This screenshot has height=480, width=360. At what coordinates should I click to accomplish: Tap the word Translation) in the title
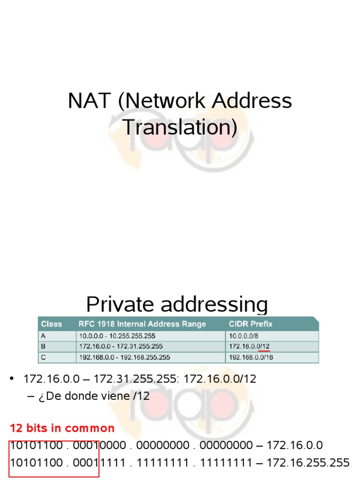pyautogui.click(x=180, y=127)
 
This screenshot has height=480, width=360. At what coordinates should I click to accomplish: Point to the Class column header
pyautogui.click(x=52, y=324)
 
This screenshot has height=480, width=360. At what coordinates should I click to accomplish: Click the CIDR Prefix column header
pyautogui.click(x=250, y=324)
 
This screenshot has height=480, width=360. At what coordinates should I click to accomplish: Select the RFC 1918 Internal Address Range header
pyautogui.click(x=143, y=324)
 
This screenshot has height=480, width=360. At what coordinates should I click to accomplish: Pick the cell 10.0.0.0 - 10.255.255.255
pyautogui.click(x=118, y=336)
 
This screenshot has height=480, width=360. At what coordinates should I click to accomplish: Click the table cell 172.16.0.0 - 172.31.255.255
pyautogui.click(x=121, y=346)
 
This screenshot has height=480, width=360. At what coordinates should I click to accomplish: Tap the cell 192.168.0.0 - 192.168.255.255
pyautogui.click(x=125, y=357)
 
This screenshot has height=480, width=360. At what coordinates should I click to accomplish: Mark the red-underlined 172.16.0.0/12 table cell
pyautogui.click(x=249, y=346)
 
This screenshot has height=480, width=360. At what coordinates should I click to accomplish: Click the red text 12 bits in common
pyautogui.click(x=62, y=428)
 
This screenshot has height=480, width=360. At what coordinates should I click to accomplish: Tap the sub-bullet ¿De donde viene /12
pyautogui.click(x=89, y=396)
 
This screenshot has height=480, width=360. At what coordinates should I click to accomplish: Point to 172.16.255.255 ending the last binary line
pyautogui.click(x=308, y=463)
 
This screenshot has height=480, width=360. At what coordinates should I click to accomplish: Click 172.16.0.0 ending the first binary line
pyautogui.click(x=295, y=445)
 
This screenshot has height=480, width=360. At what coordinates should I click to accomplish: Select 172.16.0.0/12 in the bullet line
pyautogui.click(x=220, y=379)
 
